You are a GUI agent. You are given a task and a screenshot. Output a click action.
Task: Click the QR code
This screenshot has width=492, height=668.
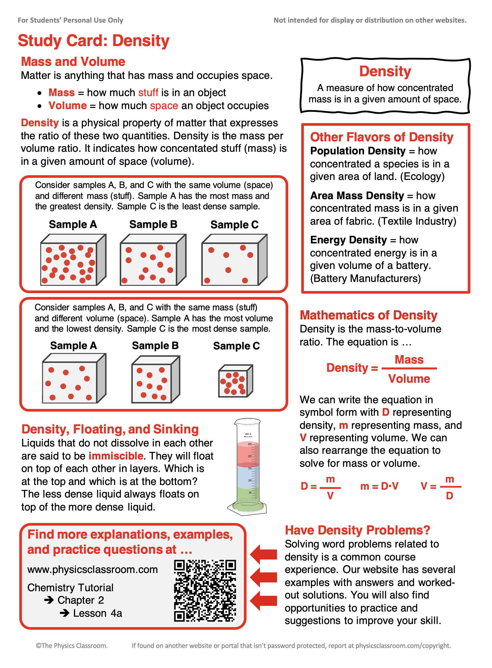click(x=205, y=591)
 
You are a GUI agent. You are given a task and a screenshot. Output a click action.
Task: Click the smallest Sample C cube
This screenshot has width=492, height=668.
click(x=235, y=381)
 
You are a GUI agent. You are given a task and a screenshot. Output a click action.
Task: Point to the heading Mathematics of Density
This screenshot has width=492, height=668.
click(x=368, y=315)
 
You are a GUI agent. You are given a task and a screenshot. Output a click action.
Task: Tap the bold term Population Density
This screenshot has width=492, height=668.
click(x=358, y=151)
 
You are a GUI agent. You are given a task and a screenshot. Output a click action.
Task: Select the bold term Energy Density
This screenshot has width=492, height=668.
click(x=348, y=240)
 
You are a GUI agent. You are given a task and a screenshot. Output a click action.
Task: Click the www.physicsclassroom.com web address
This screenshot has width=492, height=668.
click(x=92, y=570)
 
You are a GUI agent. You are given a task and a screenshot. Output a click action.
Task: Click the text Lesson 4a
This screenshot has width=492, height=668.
click(x=97, y=613)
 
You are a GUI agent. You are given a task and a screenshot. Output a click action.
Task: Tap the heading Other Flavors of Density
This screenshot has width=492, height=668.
click(x=381, y=137)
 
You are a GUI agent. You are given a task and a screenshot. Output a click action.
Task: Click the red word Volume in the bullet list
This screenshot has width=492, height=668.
click(x=67, y=106)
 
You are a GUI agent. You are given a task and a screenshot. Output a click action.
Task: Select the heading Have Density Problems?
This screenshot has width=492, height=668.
click(x=357, y=530)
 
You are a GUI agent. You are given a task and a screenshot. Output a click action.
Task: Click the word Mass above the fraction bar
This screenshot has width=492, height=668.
click(x=409, y=360)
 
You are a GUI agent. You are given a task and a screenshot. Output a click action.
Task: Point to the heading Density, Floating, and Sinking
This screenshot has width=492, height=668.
click(x=110, y=429)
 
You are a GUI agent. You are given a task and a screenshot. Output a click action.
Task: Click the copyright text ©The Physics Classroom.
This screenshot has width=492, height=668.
click(x=71, y=645)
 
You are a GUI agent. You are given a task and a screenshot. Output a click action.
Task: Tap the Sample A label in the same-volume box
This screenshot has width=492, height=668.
click(x=73, y=224)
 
